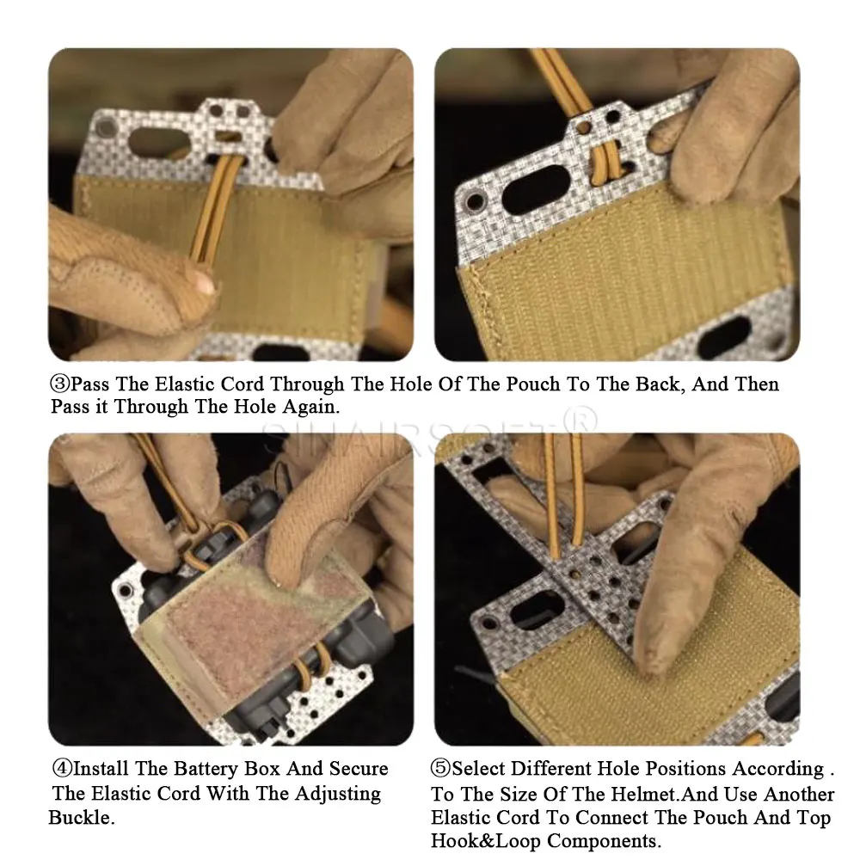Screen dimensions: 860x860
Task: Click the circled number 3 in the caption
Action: pos(60,384)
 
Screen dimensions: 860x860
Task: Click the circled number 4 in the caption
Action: pos(62,768)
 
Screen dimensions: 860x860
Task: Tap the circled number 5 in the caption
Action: pos(440,768)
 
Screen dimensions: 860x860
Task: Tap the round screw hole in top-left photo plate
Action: pos(105,128)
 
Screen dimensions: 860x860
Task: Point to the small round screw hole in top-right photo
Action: pos(475,201)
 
